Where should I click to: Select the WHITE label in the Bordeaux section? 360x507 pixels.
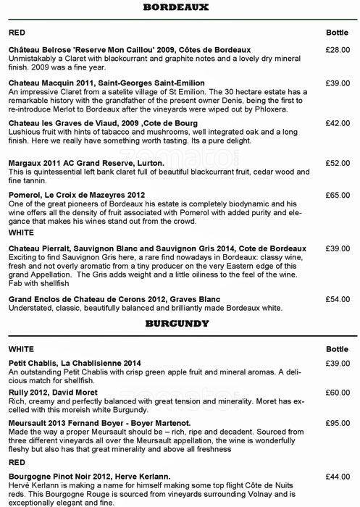point(20,235)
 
